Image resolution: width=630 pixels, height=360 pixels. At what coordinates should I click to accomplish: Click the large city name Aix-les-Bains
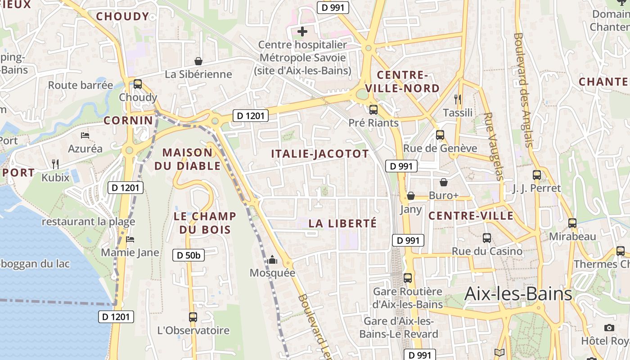(x=518, y=294)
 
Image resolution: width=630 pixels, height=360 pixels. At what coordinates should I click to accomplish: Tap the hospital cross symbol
(x=302, y=31)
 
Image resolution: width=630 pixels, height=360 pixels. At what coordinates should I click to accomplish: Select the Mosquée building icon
(x=272, y=260)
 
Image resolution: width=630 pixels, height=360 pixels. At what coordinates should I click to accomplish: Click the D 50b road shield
(x=189, y=255)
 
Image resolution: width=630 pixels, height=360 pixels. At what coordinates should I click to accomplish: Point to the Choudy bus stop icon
(x=138, y=84)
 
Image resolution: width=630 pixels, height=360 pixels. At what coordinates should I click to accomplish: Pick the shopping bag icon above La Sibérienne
(x=198, y=61)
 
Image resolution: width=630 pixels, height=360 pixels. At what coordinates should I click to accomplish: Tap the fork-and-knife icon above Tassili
(x=458, y=99)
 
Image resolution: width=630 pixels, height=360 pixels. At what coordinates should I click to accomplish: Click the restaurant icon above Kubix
(x=55, y=164)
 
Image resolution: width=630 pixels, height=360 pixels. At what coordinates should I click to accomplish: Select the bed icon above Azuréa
(x=85, y=135)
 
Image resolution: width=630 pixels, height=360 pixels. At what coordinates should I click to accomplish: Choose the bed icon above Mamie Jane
(x=130, y=239)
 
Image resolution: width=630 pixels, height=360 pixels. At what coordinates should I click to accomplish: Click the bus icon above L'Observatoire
(x=193, y=317)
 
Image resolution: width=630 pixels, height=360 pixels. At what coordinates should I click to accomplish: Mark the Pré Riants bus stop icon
(x=373, y=109)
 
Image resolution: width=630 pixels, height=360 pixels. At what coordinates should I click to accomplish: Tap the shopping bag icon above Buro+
(x=444, y=182)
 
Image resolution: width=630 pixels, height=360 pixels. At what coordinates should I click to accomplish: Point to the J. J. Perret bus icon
(x=537, y=175)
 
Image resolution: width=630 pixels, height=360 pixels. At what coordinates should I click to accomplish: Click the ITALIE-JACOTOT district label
(x=320, y=154)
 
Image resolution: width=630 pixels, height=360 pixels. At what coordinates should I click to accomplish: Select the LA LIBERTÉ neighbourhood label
(x=342, y=223)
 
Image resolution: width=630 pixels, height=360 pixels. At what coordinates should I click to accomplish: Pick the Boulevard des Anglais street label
(x=523, y=90)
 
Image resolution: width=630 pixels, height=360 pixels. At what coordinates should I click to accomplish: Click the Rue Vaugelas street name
(x=493, y=146)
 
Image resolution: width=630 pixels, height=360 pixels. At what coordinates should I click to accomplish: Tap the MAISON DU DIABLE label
(x=188, y=159)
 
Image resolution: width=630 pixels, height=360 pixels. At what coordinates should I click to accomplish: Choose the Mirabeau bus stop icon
(x=572, y=223)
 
